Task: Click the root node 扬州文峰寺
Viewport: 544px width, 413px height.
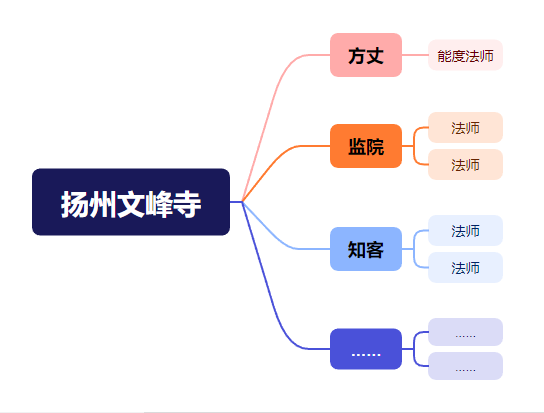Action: pos(131,202)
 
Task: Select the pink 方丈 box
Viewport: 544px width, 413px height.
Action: pos(366,55)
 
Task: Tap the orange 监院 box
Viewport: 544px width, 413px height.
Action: pos(366,146)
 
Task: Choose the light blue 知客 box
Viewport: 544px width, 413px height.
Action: pos(366,249)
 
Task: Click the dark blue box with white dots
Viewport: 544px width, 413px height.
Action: pos(366,349)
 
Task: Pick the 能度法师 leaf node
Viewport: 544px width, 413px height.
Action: pos(465,55)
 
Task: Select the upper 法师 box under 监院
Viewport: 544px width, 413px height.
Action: pos(465,127)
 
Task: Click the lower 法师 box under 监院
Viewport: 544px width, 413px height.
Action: pos(465,165)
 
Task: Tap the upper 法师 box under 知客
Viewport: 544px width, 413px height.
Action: pos(465,230)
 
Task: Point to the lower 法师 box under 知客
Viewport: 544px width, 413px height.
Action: pos(465,268)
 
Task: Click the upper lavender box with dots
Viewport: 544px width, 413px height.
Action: pos(465,332)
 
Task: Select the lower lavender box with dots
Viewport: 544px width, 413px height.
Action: pos(465,366)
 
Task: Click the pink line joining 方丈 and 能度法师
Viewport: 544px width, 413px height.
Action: pos(415,55)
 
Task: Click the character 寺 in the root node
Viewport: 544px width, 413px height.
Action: pos(187,204)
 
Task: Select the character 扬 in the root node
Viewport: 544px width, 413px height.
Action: pos(74,204)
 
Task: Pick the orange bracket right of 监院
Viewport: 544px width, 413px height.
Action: pos(414,146)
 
